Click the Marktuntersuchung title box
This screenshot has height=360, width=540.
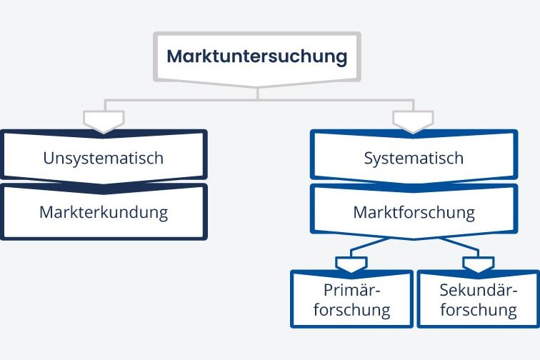point(257,56)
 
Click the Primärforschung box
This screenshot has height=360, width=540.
point(351,300)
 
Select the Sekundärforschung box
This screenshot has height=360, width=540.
point(478,300)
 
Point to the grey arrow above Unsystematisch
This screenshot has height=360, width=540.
point(104,120)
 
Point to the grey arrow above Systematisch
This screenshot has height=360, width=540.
point(413,120)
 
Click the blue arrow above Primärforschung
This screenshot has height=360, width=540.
point(351,265)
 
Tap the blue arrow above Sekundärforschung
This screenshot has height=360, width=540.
point(478,265)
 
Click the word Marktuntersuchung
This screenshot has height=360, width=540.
point(257,56)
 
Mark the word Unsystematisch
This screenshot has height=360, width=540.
point(103,158)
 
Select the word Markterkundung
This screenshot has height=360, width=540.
point(103,212)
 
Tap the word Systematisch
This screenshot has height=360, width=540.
point(414,158)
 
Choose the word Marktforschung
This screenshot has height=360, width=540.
point(414,212)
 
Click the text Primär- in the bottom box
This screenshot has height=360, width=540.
point(351,290)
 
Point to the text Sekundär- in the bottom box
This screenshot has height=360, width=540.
point(478,290)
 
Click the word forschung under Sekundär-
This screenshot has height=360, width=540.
point(478,310)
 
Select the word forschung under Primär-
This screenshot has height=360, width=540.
point(351,310)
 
